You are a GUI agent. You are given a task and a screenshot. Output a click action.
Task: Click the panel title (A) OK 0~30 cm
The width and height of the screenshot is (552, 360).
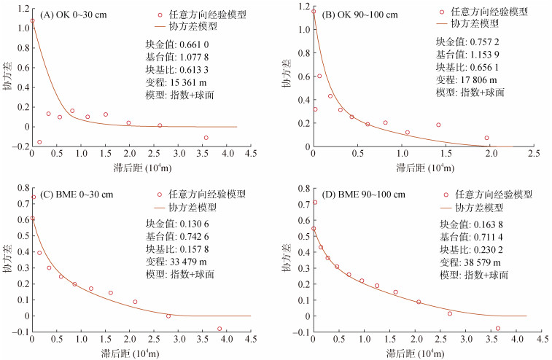pyautogui.click(x=75, y=15)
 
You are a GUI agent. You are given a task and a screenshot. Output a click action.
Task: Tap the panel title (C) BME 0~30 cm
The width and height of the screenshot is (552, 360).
pyautogui.click(x=79, y=193)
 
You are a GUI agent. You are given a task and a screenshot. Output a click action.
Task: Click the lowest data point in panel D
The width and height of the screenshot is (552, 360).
pyautogui.click(x=498, y=329)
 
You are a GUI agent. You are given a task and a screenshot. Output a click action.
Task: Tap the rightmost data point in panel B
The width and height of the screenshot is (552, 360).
pyautogui.click(x=486, y=138)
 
